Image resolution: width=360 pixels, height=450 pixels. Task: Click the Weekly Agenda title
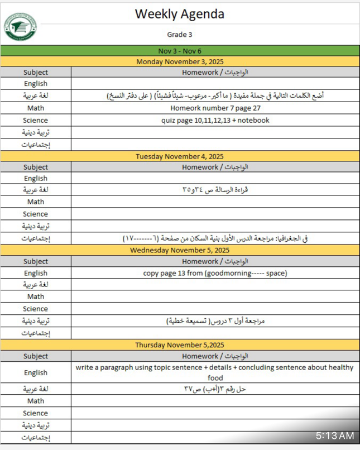[x=179, y=14]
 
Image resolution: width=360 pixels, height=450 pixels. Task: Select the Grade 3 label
[x=179, y=35]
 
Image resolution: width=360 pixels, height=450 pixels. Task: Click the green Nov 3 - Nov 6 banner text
[x=179, y=51]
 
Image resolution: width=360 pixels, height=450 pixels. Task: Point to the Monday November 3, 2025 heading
[x=179, y=61]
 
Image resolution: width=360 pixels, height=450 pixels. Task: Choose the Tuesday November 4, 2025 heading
[x=179, y=156]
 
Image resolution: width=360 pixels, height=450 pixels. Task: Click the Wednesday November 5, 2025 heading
[x=179, y=251]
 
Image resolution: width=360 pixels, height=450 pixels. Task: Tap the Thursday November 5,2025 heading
[x=179, y=345]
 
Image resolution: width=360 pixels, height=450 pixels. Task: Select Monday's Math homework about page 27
[x=215, y=108]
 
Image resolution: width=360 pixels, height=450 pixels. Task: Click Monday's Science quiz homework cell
[x=215, y=120]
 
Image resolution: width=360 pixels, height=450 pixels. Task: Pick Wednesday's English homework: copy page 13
[x=215, y=273]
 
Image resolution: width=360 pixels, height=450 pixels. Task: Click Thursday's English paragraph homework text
[x=215, y=372]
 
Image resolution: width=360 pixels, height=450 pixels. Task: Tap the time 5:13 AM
[x=334, y=435]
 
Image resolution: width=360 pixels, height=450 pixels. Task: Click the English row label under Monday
[x=36, y=84]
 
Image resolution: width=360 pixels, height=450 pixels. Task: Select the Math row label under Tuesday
[x=36, y=202]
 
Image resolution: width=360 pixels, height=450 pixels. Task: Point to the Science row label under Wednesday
[x=36, y=309]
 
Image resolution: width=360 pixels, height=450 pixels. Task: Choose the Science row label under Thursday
[x=36, y=413]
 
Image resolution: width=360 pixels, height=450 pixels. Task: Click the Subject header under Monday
[x=36, y=72]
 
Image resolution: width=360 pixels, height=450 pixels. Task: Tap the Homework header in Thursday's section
[x=215, y=356]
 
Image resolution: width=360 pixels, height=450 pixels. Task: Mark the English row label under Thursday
[x=36, y=372]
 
